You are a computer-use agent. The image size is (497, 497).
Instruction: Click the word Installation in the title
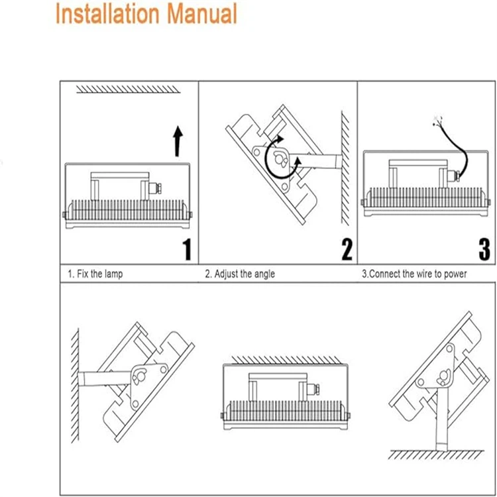click(x=108, y=14)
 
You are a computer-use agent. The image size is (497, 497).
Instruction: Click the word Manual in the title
click(x=201, y=14)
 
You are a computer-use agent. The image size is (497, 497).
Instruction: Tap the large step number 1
click(x=187, y=250)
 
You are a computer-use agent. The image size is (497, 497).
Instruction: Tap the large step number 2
click(x=346, y=249)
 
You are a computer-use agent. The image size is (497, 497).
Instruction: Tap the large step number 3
click(x=484, y=249)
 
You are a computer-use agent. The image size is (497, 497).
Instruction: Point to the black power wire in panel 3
click(x=457, y=150)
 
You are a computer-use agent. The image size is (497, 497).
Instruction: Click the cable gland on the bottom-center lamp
click(x=317, y=389)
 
